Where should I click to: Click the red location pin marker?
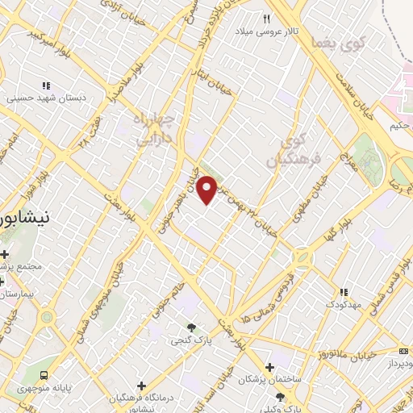[207, 189]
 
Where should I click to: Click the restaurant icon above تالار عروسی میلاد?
[267, 18]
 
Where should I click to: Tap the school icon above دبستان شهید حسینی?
[46, 85]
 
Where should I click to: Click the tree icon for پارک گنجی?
[191, 327]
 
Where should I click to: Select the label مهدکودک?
[344, 304]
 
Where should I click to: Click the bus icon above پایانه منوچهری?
[44, 375]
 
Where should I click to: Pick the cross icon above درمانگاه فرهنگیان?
[142, 386]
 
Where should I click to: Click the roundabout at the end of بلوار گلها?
[302, 257]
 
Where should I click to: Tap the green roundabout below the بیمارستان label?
[46, 316]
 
